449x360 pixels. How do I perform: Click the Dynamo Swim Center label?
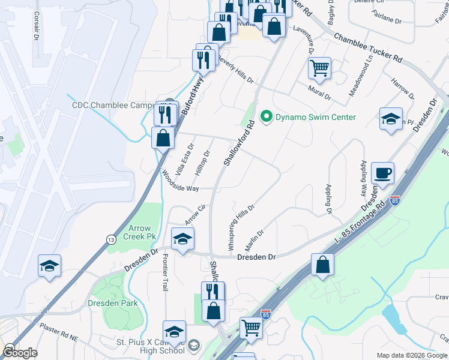pyautogui.click(x=315, y=117)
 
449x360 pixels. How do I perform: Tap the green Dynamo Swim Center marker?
pyautogui.click(x=265, y=117)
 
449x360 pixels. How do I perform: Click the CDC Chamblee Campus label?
pyautogui.click(x=114, y=105)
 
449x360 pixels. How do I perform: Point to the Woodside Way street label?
pyautogui.click(x=181, y=181)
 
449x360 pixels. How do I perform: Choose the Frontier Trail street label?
pyautogui.click(x=165, y=272)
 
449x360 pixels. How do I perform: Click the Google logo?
pyautogui.click(x=20, y=352)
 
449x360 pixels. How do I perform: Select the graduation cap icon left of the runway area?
pyautogui.click(x=49, y=267)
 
